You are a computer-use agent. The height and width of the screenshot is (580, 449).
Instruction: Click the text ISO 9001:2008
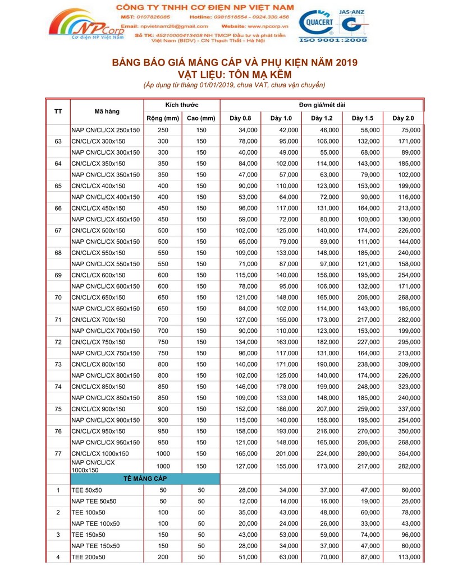point(333,40)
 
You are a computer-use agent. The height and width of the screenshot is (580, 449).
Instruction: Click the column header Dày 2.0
point(403,118)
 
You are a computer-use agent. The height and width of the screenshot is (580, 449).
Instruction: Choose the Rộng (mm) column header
point(162,118)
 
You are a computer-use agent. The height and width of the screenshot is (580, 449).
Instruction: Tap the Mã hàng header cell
point(107,112)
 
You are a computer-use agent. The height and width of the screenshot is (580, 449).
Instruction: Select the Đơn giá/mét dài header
point(322,105)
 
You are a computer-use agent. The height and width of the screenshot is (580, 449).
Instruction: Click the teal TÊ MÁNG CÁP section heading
point(145,479)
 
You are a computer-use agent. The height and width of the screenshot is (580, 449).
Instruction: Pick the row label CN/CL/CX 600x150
point(98,275)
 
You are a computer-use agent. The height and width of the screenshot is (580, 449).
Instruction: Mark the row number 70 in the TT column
point(58,298)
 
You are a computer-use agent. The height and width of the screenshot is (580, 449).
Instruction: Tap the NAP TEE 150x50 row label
point(95,546)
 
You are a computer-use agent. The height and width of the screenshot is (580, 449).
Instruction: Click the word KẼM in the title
point(279,74)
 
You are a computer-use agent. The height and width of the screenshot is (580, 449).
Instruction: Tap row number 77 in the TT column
point(58,453)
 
